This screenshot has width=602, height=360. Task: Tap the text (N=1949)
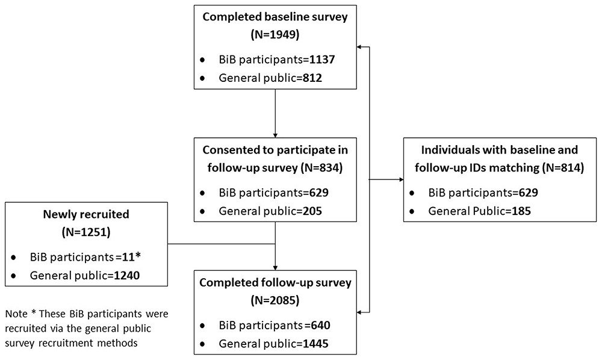point(275,34)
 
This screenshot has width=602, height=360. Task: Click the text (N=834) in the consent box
point(321,168)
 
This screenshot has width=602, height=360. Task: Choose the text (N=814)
point(563,168)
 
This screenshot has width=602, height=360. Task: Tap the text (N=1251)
point(86,232)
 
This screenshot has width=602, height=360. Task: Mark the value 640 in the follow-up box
point(317,325)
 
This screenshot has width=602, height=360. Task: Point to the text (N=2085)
point(275,300)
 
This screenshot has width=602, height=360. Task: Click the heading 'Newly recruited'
point(86,214)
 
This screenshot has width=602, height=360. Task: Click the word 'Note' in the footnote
point(16,314)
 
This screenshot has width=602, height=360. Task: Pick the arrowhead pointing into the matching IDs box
point(401,179)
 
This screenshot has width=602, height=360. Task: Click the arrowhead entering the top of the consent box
point(275,135)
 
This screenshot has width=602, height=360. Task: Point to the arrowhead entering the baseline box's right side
point(359,47)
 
